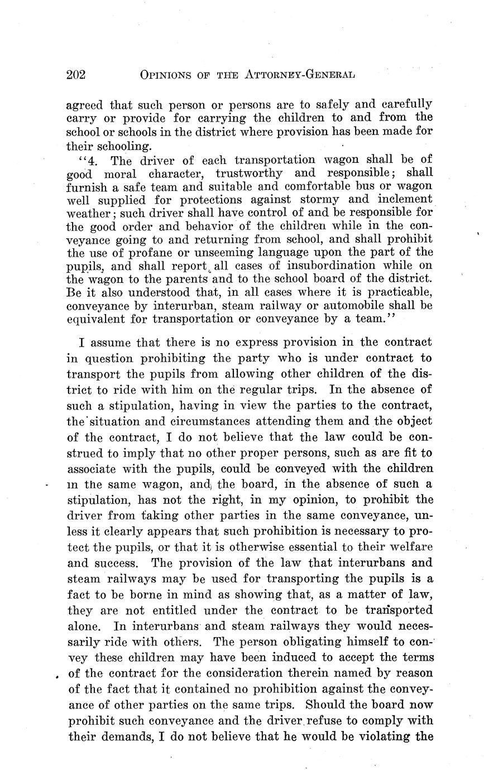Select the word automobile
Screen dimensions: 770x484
tap(341, 306)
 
